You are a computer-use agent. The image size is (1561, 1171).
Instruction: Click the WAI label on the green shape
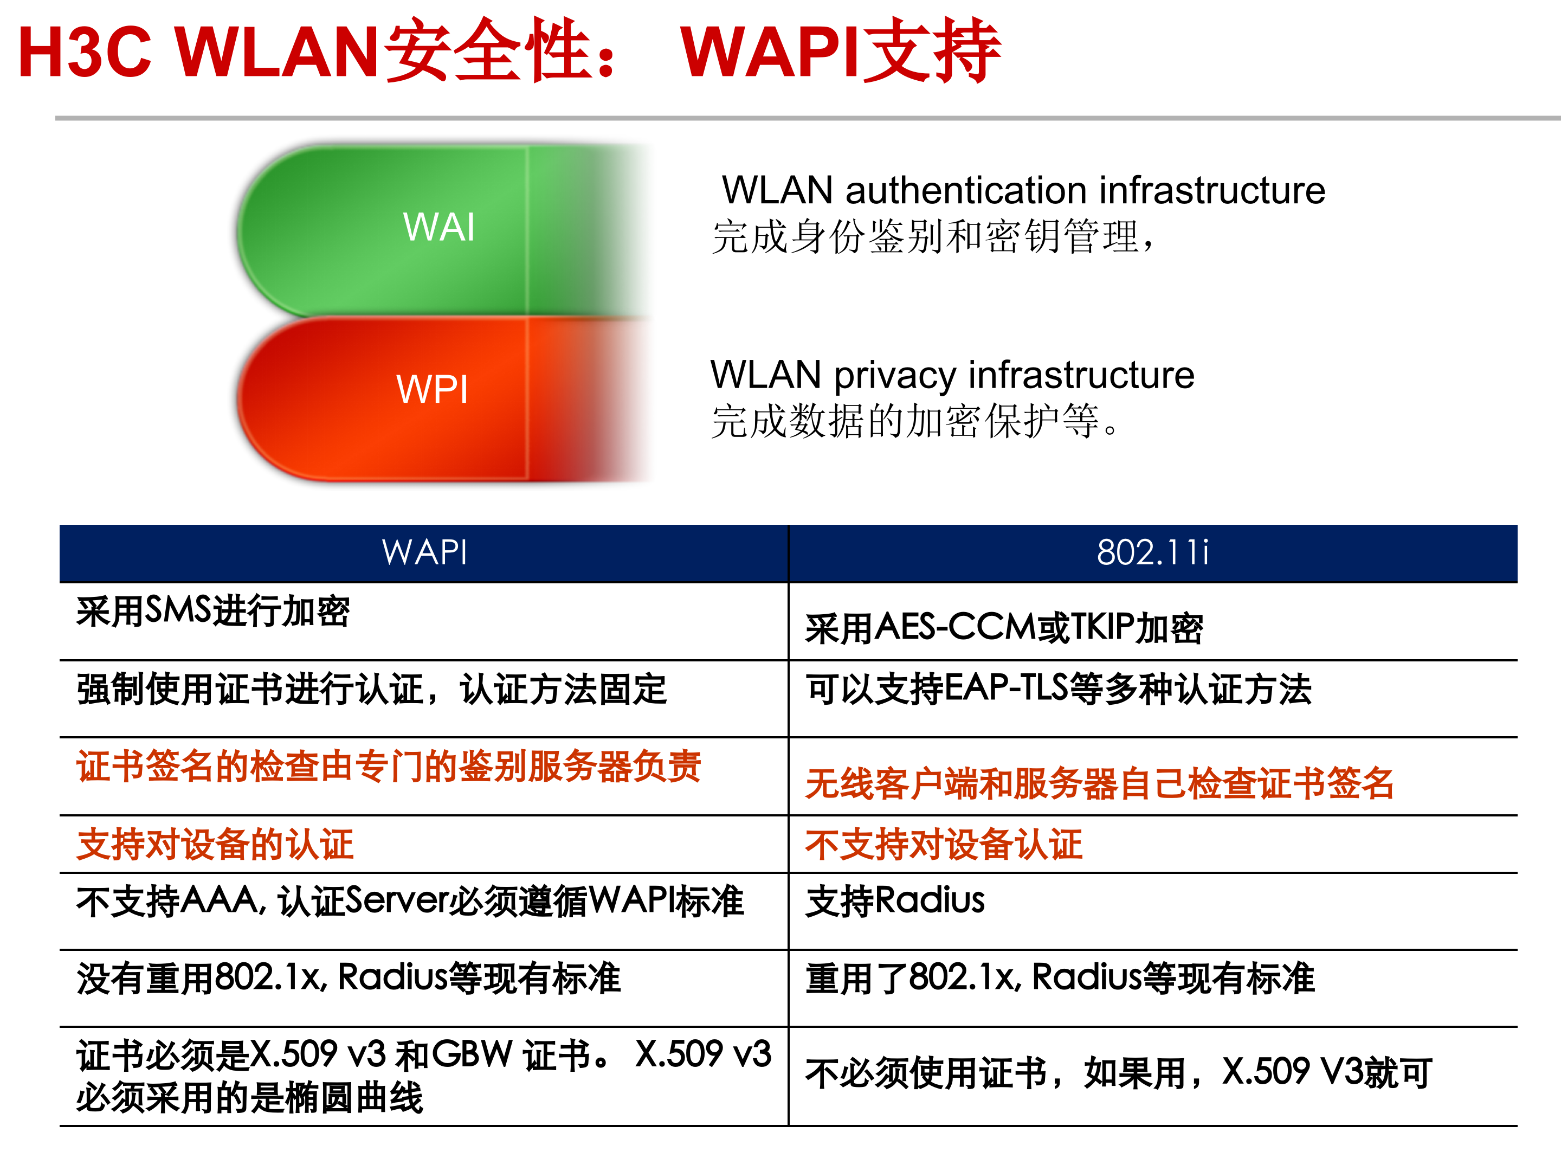[438, 227]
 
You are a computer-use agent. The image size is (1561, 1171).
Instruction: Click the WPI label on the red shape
[432, 390]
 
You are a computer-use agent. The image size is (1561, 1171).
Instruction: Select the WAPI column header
[424, 552]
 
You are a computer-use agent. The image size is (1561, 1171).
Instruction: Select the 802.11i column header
[1152, 552]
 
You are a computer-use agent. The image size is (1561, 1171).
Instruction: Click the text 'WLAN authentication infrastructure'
[1023, 191]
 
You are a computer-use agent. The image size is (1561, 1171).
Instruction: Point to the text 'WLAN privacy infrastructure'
[952, 375]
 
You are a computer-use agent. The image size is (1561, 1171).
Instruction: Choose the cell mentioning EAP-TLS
[1059, 689]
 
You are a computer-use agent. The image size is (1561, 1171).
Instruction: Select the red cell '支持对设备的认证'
[215, 845]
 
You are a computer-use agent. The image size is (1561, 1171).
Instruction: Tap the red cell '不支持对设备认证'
[944, 845]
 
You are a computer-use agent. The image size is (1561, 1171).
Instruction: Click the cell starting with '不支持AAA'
[410, 902]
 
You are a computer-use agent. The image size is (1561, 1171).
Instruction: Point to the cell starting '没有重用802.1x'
[349, 979]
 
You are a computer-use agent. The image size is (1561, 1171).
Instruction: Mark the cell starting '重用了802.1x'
[1060, 979]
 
